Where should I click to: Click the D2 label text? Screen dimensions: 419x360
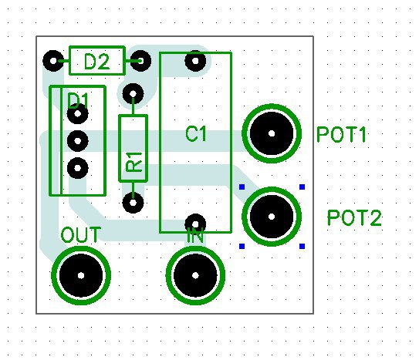[x=96, y=62]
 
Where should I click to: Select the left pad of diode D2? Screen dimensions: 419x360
[x=53, y=61]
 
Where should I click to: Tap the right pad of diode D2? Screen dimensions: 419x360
[x=140, y=61]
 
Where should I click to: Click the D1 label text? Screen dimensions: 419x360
[x=78, y=101]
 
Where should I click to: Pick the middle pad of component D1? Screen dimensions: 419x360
[x=77, y=140]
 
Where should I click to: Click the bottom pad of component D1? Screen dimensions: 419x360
[x=77, y=168]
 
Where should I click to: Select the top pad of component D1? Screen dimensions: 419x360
[x=77, y=114]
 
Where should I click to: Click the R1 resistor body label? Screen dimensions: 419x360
[x=133, y=161]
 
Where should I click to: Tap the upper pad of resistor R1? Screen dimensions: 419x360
[x=133, y=94]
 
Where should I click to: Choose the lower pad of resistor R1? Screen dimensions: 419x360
[x=133, y=203]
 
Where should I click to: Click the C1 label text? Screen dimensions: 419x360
[x=195, y=133]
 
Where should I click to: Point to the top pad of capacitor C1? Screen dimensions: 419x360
[x=195, y=61]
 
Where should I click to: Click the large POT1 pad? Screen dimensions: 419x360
[x=272, y=133]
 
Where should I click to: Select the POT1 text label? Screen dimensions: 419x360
[x=341, y=134]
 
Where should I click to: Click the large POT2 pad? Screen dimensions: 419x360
[x=272, y=217]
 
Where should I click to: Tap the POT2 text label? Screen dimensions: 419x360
[x=354, y=217]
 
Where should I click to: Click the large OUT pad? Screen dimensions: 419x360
[x=81, y=275]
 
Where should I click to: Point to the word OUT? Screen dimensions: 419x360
[x=81, y=235]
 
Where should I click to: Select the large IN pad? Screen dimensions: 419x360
[x=195, y=275]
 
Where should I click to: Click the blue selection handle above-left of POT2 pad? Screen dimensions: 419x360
[x=242, y=187]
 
